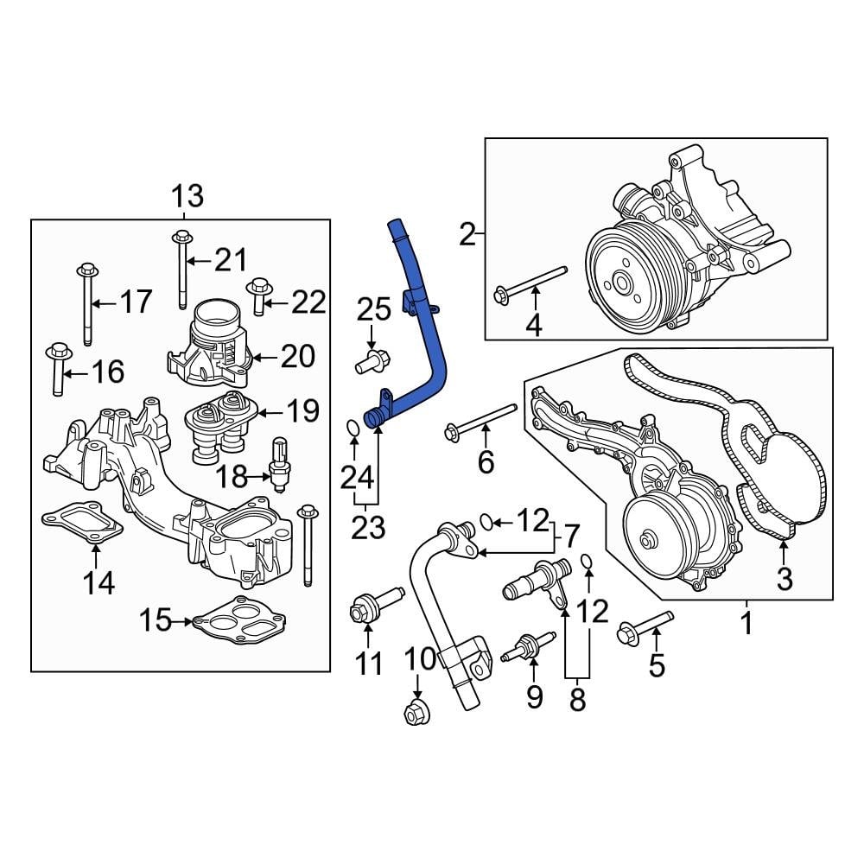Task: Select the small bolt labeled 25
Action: coord(372,360)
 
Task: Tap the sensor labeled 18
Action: coord(278,463)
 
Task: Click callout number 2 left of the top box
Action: coord(467,233)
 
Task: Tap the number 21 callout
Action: coord(231,259)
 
